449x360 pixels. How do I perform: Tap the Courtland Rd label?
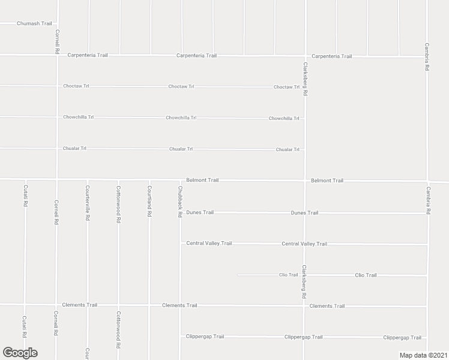[x=149, y=200]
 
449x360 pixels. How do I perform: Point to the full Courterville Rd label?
[x=88, y=203]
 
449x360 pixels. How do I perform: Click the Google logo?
[x=20, y=353]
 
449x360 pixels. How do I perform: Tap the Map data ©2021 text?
[x=424, y=355]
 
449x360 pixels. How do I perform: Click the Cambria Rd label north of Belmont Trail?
[x=427, y=58]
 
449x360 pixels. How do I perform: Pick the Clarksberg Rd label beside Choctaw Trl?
[x=305, y=79]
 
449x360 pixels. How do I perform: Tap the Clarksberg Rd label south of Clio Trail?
[x=304, y=282]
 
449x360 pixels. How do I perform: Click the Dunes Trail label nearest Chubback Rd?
[x=200, y=212]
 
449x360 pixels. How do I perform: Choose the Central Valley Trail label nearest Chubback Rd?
[x=209, y=244]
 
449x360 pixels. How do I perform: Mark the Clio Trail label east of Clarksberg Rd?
[x=366, y=275]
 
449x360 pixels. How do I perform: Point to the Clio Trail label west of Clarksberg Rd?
[x=288, y=275]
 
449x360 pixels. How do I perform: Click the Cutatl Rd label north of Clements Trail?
[x=26, y=200]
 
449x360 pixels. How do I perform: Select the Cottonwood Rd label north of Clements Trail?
[x=118, y=204]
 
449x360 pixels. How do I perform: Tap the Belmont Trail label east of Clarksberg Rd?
[x=327, y=181]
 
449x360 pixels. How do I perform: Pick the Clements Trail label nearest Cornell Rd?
[x=82, y=305]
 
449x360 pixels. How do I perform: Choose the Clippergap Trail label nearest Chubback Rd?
[x=205, y=337]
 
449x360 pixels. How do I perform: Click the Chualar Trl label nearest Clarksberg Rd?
[x=288, y=149]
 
